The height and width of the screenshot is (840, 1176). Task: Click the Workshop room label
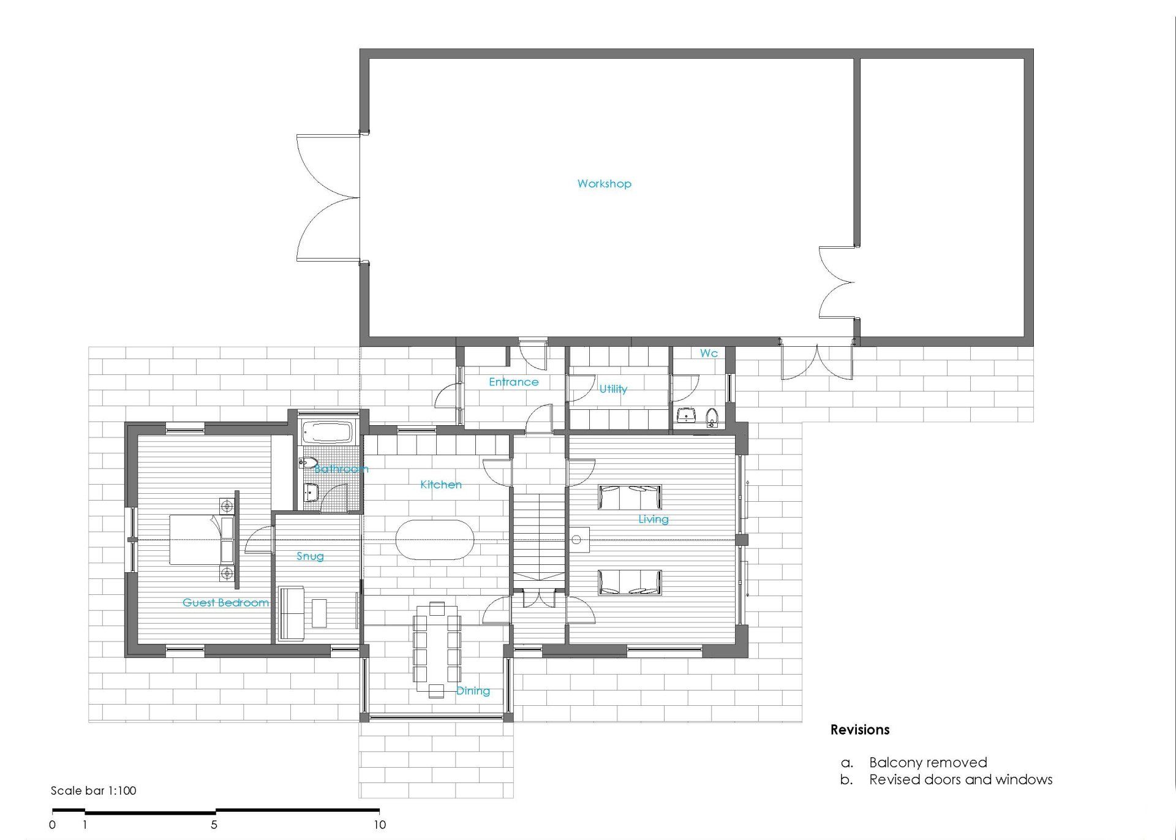tap(604, 184)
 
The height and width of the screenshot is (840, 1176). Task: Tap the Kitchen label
tap(441, 485)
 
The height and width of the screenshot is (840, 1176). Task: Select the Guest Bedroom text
tap(225, 602)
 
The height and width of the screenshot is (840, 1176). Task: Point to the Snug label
tap(310, 556)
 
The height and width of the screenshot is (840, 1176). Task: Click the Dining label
tap(473, 691)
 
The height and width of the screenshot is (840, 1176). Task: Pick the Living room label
tap(654, 520)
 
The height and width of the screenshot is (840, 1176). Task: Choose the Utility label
tap(613, 389)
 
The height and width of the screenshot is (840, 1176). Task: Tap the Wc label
tap(709, 354)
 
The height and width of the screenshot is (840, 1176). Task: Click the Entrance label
tap(514, 382)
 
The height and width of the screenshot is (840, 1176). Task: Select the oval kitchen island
tap(435, 540)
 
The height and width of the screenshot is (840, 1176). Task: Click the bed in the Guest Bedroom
tap(202, 539)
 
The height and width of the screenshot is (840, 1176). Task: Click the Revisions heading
tap(860, 730)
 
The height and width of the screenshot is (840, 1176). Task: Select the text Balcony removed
tap(928, 763)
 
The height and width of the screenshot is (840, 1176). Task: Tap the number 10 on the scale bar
tap(380, 825)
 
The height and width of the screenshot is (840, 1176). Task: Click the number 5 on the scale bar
tap(214, 825)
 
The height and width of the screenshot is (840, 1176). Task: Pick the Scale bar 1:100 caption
tap(93, 790)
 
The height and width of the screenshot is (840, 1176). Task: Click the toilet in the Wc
tap(711, 418)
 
